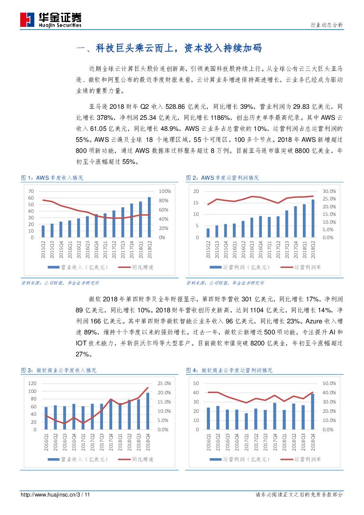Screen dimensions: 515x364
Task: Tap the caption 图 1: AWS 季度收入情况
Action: point(52,178)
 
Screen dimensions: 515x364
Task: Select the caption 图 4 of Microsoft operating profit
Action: point(229,371)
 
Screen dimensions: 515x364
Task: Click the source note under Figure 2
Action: point(225,283)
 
